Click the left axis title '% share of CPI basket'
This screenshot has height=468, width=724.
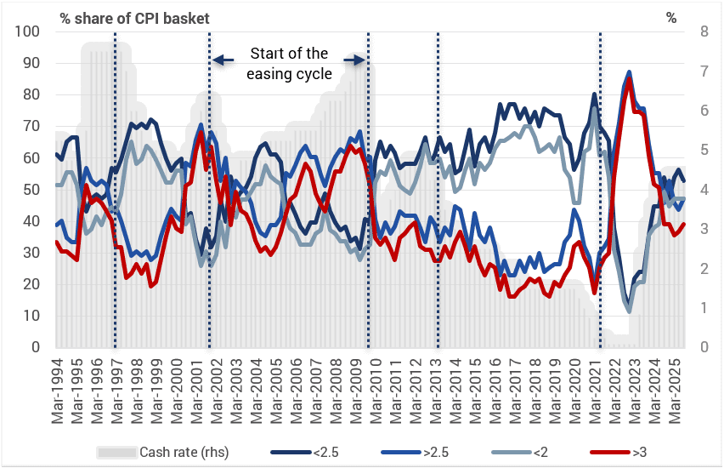[x=134, y=18]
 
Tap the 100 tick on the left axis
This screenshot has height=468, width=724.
[x=29, y=31]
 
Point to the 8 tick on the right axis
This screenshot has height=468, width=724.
[x=704, y=31]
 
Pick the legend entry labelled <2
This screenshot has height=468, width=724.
[x=545, y=452]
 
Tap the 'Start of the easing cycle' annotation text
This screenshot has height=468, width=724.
[x=289, y=64]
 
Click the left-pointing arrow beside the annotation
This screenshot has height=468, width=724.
[x=223, y=60]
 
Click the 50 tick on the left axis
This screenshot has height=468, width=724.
[x=32, y=190]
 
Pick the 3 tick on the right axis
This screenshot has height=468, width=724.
[x=704, y=229]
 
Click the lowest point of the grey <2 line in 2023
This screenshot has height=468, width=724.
[x=630, y=311]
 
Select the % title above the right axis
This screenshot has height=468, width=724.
[x=671, y=18]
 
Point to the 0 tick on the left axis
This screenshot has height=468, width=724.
[x=37, y=347]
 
